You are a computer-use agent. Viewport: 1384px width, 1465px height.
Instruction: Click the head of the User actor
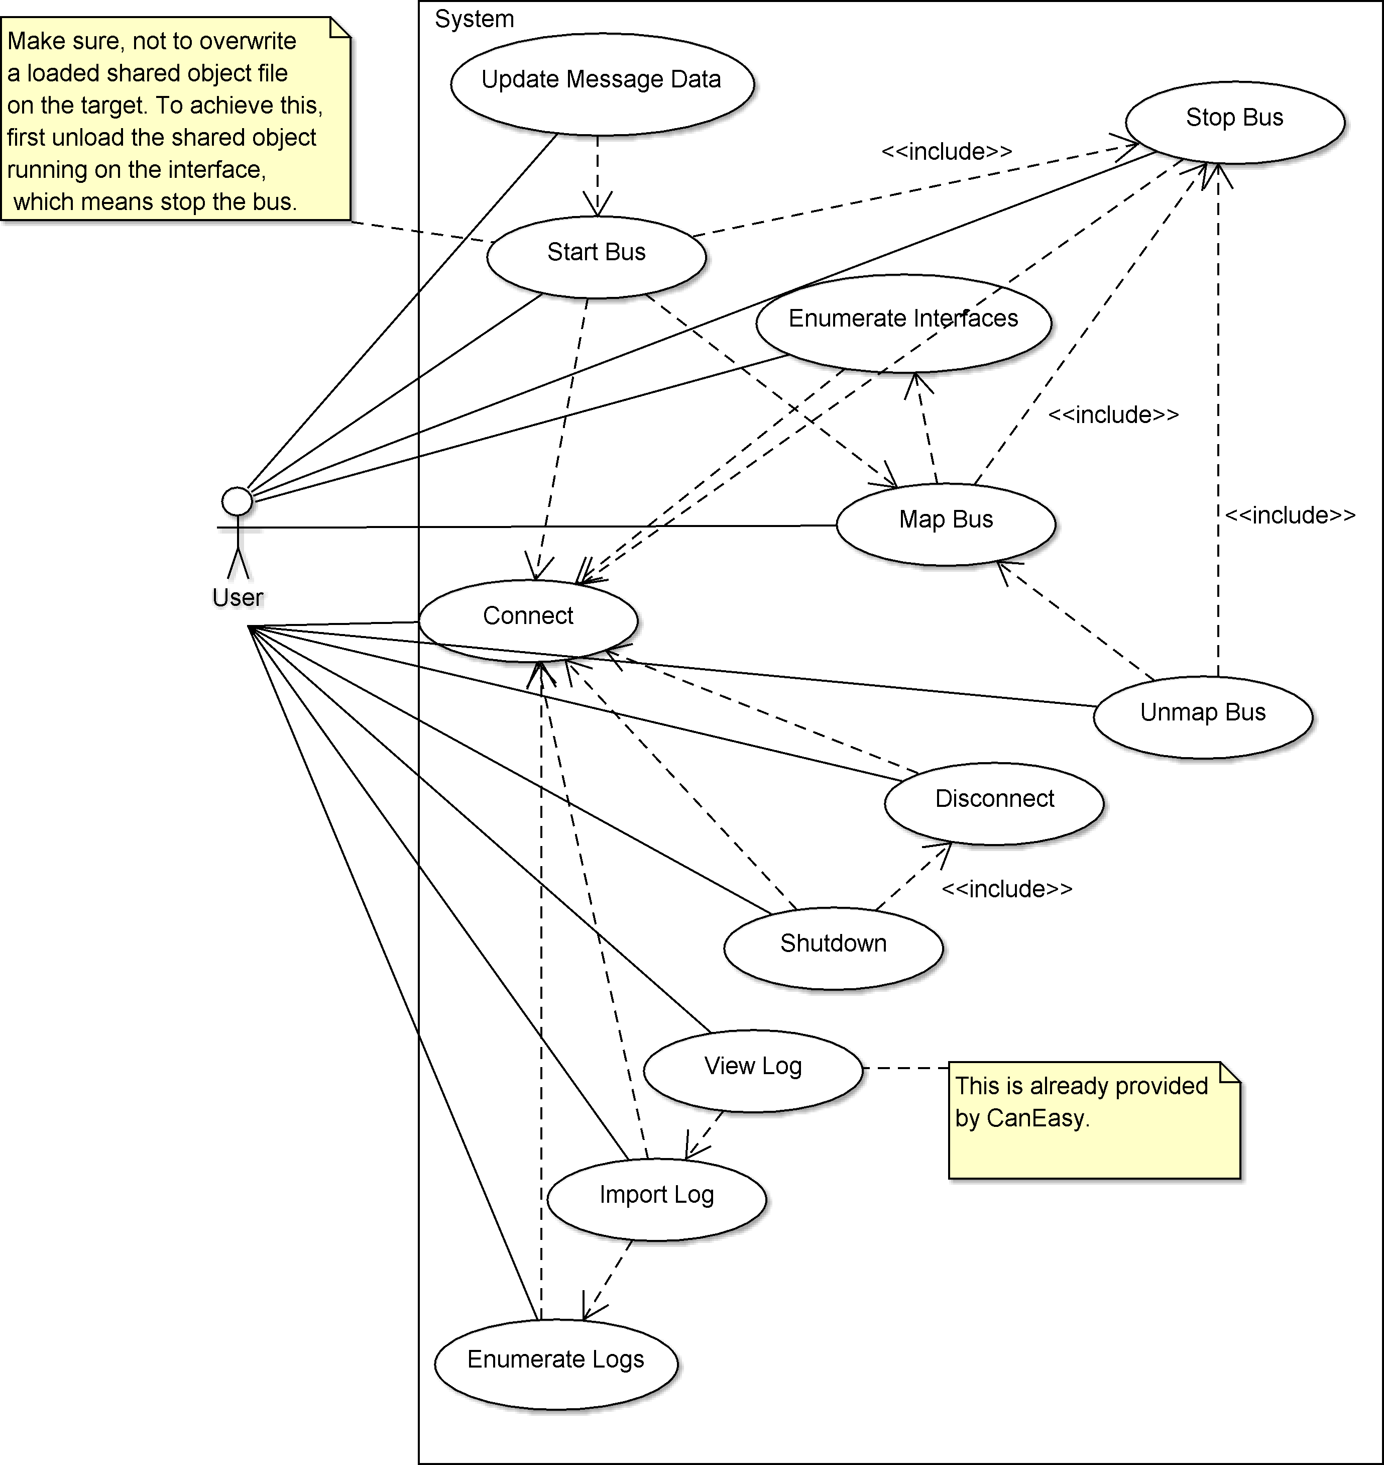click(239, 502)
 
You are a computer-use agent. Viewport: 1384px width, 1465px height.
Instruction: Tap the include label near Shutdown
click(1006, 889)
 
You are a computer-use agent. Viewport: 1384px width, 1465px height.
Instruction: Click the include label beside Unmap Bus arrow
click(1290, 514)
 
